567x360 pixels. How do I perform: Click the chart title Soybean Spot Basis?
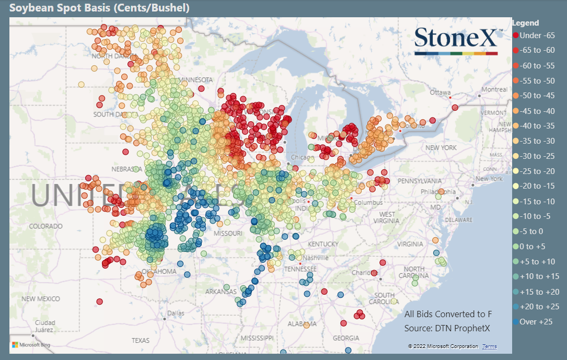pyautogui.click(x=99, y=8)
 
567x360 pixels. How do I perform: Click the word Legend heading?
pyautogui.click(x=525, y=23)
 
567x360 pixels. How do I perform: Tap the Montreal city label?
pyautogui.click(x=494, y=89)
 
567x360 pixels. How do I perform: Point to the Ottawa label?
pyautogui.click(x=439, y=92)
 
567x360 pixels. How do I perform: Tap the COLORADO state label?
pyautogui.click(x=45, y=226)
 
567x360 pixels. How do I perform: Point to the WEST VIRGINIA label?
pyautogui.click(x=387, y=218)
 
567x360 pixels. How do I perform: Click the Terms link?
pyautogui.click(x=490, y=346)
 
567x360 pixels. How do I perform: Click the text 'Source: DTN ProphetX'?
pyautogui.click(x=448, y=328)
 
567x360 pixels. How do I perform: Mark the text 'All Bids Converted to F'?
pyautogui.click(x=448, y=314)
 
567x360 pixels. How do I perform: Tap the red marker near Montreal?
pyautogui.click(x=455, y=108)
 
